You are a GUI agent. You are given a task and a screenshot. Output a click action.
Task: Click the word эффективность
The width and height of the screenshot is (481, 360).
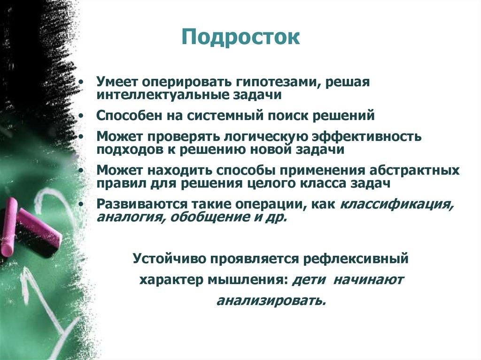click(x=366, y=137)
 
